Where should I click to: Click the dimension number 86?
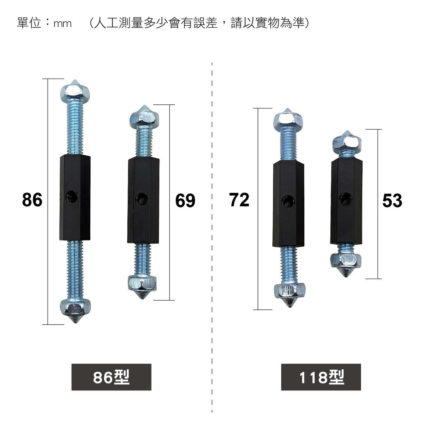click(x=32, y=200)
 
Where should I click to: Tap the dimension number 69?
click(x=185, y=201)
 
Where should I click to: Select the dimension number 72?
click(x=239, y=200)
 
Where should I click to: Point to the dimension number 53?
click(x=392, y=201)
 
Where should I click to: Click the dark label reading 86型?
click(x=111, y=377)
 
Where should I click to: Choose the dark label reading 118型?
click(x=321, y=377)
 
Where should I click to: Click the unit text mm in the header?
click(x=63, y=24)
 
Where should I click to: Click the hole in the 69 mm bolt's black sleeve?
click(x=142, y=199)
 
